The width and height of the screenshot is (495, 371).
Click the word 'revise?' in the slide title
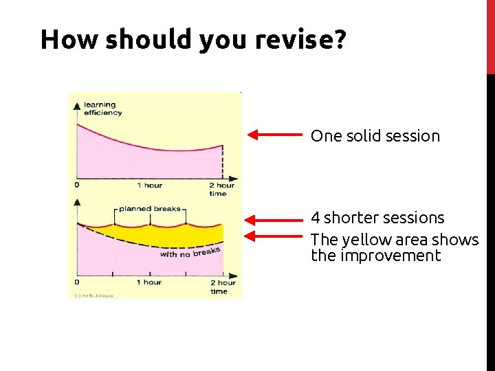(x=300, y=41)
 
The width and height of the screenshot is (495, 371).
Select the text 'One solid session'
(x=375, y=136)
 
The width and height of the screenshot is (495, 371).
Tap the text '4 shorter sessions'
(x=377, y=218)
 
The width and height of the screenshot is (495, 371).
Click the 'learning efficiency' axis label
(x=102, y=109)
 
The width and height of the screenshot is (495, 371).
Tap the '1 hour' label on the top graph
(x=149, y=185)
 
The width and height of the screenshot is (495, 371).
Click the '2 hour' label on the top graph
(x=222, y=185)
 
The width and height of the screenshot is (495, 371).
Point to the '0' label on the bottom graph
(x=76, y=282)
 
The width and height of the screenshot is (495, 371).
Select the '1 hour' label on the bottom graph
(x=149, y=282)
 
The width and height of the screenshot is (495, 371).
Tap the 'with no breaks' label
(x=190, y=252)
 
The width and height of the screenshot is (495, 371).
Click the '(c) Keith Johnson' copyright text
(x=93, y=295)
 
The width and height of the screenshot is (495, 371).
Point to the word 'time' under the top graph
(x=218, y=194)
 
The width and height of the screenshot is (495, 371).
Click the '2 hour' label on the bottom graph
(x=222, y=282)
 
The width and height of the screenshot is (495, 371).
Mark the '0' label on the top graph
(x=76, y=185)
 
